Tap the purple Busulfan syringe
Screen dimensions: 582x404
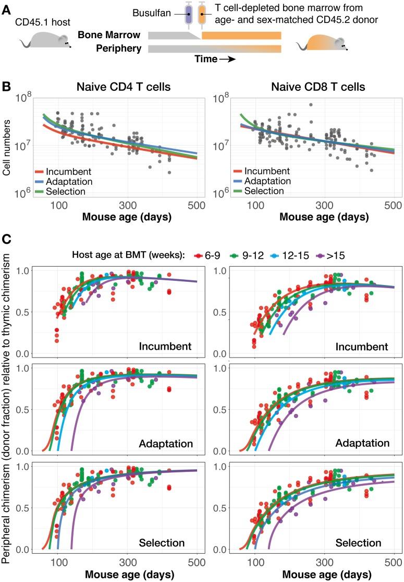189,15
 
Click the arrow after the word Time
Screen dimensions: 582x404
227,60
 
